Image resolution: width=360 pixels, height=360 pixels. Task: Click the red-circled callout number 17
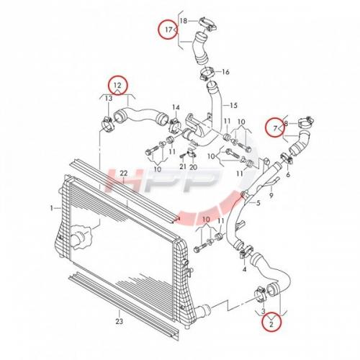click(169, 30)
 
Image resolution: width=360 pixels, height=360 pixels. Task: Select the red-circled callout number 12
click(117, 85)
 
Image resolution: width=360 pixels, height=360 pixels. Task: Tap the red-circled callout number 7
click(275, 128)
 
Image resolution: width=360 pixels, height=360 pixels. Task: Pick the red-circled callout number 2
click(271, 325)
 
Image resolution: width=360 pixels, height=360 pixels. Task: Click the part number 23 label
click(120, 321)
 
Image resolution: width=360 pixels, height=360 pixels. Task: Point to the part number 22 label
click(124, 173)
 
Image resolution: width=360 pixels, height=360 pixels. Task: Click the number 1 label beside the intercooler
click(51, 208)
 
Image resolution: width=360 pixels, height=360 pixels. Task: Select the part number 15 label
click(233, 105)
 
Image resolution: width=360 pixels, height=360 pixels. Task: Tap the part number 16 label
click(225, 71)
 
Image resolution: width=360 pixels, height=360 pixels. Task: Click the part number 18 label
click(184, 21)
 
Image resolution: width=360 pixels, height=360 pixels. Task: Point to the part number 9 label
click(271, 196)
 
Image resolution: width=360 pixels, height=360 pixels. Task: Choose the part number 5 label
click(258, 203)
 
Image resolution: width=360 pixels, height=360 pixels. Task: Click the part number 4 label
click(244, 269)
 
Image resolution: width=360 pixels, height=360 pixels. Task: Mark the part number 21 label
click(183, 166)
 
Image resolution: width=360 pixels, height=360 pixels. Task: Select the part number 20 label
click(193, 166)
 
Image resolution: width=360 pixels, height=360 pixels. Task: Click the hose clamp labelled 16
click(207, 74)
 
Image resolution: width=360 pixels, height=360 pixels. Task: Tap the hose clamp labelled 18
click(207, 24)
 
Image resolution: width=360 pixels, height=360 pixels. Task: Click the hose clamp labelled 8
click(305, 122)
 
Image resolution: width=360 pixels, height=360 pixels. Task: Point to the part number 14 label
click(176, 107)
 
